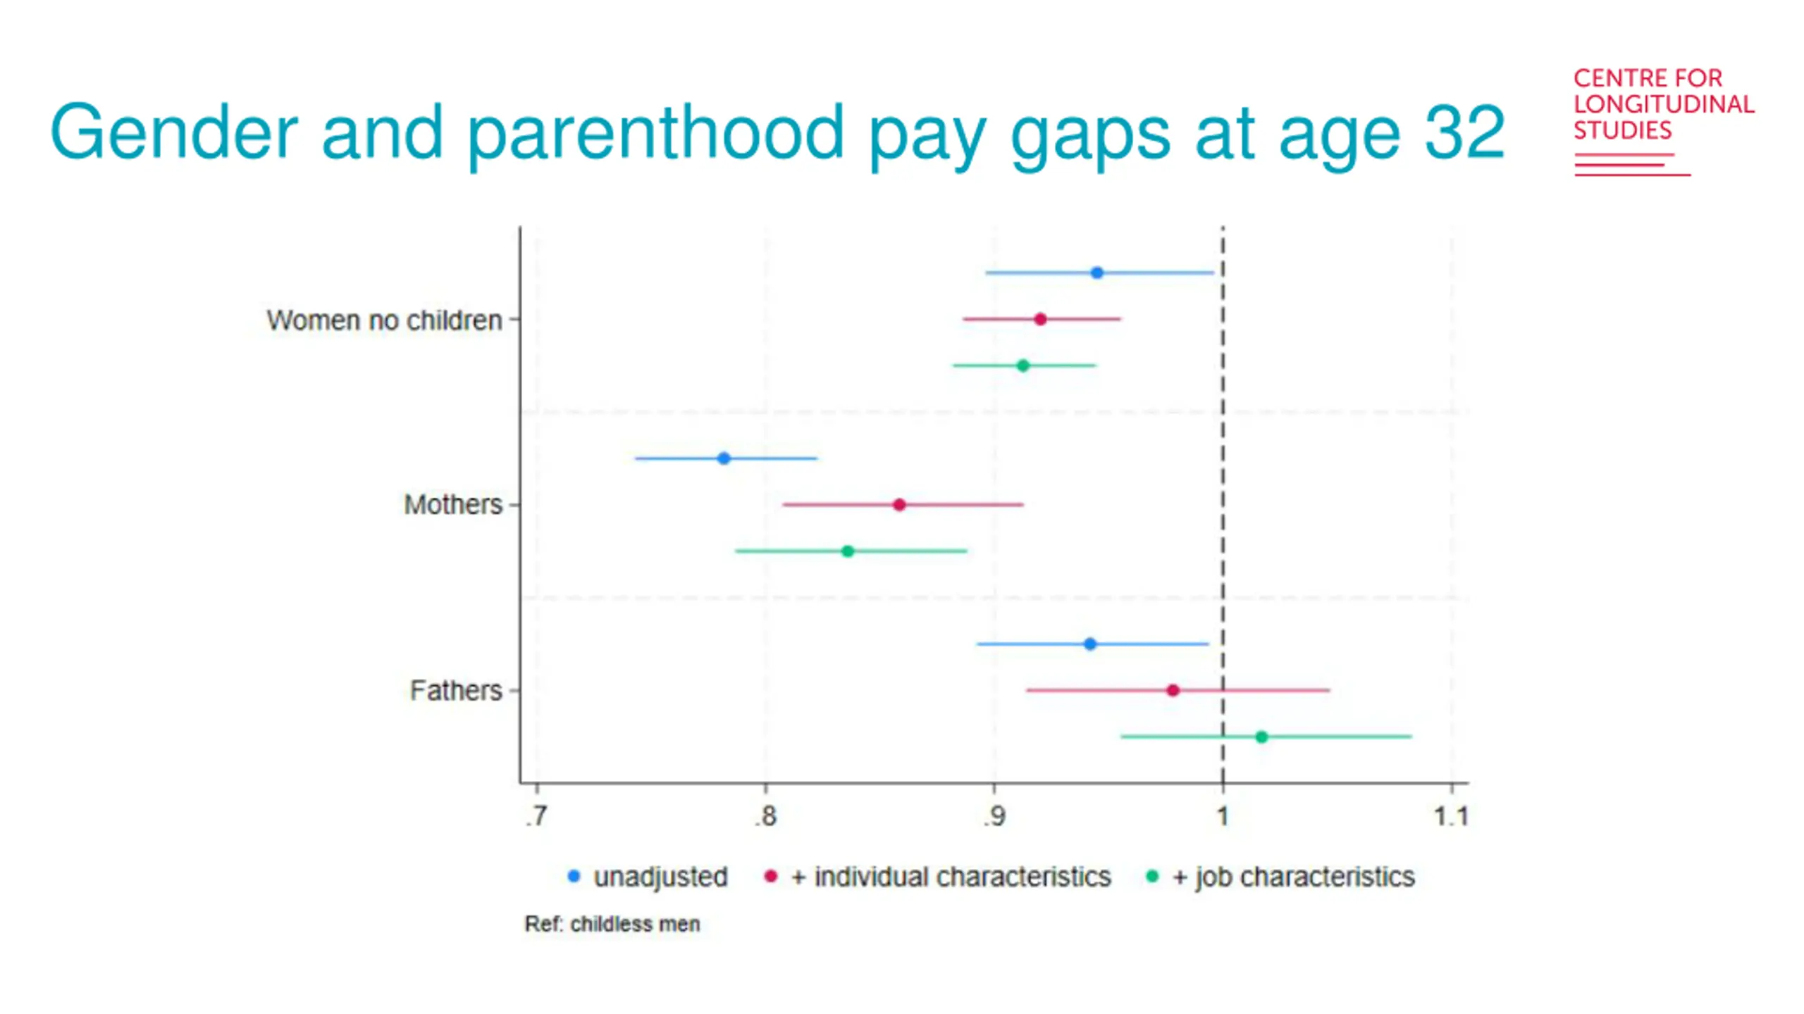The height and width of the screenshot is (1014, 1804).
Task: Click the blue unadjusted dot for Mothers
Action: pyautogui.click(x=724, y=458)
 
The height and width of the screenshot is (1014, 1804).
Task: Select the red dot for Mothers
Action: pyautogui.click(x=899, y=505)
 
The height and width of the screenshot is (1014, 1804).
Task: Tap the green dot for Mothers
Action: pyautogui.click(x=848, y=551)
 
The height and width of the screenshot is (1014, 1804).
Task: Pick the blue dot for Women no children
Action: pyautogui.click(x=1096, y=273)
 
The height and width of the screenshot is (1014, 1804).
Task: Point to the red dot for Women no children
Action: pyautogui.click(x=1040, y=320)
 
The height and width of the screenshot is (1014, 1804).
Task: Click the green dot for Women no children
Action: pyautogui.click(x=1023, y=365)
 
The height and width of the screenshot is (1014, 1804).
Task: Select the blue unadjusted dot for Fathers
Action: pyautogui.click(x=1090, y=644)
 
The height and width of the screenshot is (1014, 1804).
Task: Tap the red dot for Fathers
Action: pyautogui.click(x=1173, y=691)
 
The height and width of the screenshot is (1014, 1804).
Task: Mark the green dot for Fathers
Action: pyautogui.click(x=1261, y=737)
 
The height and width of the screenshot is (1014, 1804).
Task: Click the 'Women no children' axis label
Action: pyautogui.click(x=384, y=320)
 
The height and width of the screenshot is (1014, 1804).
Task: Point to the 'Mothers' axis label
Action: pyautogui.click(x=453, y=505)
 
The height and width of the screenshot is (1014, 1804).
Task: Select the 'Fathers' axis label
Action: pyautogui.click(x=456, y=691)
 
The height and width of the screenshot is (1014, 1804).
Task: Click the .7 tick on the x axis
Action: pyautogui.click(x=536, y=816)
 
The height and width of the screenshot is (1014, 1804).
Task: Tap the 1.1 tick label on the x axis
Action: pyautogui.click(x=1452, y=816)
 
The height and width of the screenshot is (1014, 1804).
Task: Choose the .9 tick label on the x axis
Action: pyautogui.click(x=994, y=816)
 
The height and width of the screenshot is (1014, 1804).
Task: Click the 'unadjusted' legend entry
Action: pyautogui.click(x=660, y=877)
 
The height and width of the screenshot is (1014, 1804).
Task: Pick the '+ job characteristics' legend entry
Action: pyautogui.click(x=1292, y=877)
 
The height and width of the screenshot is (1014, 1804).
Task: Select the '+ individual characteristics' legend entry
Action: pyautogui.click(x=950, y=877)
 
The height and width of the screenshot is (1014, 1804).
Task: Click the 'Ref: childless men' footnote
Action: pyautogui.click(x=612, y=924)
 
